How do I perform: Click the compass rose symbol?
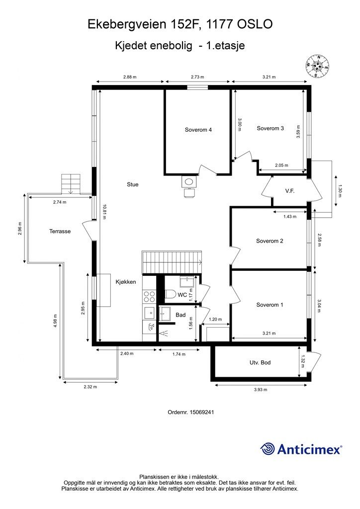(317, 66)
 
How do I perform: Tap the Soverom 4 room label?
(198, 130)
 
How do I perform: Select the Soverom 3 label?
(270, 128)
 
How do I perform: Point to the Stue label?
(132, 184)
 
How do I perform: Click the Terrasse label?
(60, 232)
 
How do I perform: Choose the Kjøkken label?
(126, 282)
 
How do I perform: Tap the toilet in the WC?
(170, 294)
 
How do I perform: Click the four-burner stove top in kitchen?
(149, 296)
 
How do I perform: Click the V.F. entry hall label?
(289, 191)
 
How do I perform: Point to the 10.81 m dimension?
(104, 212)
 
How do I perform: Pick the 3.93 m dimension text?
(261, 390)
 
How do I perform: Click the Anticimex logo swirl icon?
(268, 449)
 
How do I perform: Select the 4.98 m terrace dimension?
(56, 321)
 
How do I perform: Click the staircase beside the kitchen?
(172, 262)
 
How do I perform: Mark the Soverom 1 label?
(270, 305)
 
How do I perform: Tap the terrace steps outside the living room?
(71, 184)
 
